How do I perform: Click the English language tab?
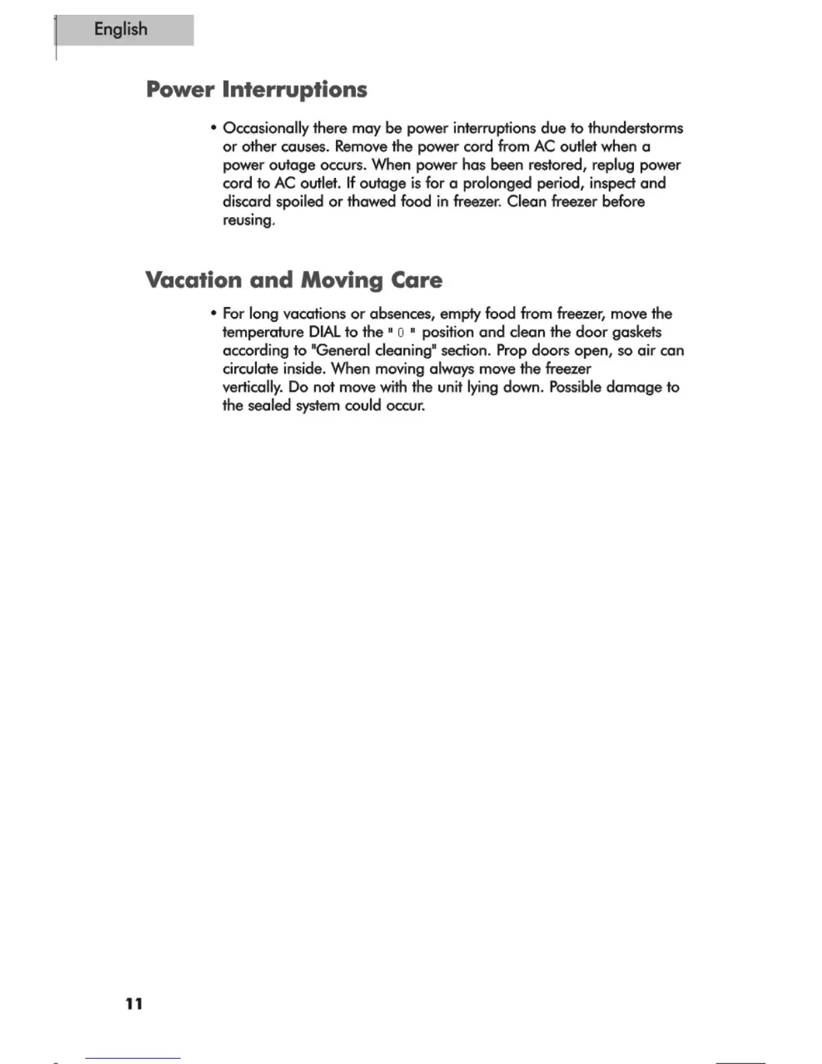[x=122, y=30]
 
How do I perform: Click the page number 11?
[x=134, y=1004]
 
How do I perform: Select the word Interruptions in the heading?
[x=295, y=90]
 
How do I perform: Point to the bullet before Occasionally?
[x=213, y=128]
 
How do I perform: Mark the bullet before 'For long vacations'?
[x=213, y=314]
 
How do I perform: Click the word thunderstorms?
[x=635, y=128]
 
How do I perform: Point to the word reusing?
[x=248, y=220]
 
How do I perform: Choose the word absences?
[x=401, y=314]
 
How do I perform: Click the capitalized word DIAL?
[x=324, y=332]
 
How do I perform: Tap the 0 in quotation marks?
[x=400, y=332]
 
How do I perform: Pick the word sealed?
[x=269, y=406]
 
